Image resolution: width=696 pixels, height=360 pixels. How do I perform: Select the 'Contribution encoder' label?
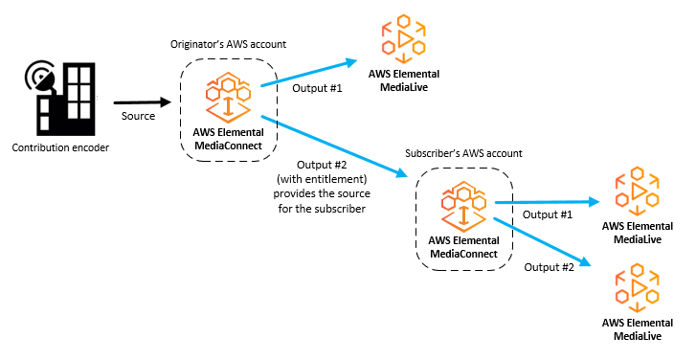point(60,148)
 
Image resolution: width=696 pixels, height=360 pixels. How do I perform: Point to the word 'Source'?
point(139,116)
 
